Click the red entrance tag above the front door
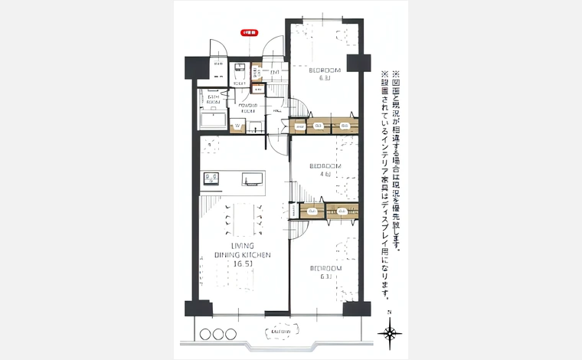(250, 34)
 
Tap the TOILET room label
(239, 83)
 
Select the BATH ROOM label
(212, 98)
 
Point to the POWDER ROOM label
(247, 108)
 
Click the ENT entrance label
(274, 72)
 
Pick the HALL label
(276, 110)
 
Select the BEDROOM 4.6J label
(325, 170)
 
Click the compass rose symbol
(390, 333)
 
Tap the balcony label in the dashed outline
(281, 331)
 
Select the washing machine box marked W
(238, 126)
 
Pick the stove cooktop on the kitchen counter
(211, 180)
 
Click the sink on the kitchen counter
(251, 180)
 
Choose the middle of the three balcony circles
(218, 334)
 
